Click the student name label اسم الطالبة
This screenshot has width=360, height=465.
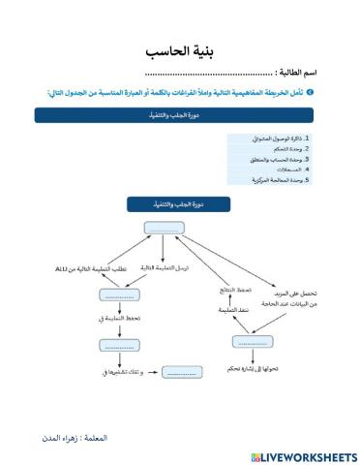300,73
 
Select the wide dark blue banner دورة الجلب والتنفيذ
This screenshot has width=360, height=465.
179,115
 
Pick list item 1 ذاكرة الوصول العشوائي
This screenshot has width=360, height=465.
281,139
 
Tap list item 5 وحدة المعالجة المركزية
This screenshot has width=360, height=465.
280,179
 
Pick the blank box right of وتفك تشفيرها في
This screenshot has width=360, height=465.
181,371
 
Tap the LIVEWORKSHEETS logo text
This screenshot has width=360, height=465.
302,455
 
